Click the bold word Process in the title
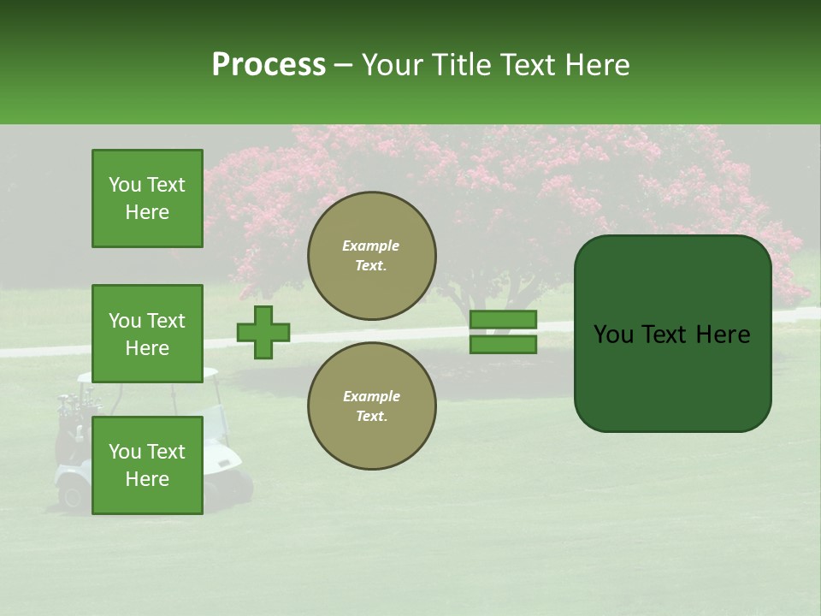click(x=269, y=65)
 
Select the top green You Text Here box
click(x=147, y=198)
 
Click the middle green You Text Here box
click(x=147, y=334)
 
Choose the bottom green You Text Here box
click(x=147, y=465)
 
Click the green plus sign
click(x=263, y=332)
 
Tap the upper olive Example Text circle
click(x=371, y=255)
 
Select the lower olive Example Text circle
click(x=371, y=406)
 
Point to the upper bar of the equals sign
click(x=503, y=320)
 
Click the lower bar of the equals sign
click(x=503, y=345)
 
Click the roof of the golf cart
click(x=145, y=375)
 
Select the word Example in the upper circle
click(x=370, y=246)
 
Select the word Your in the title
click(x=389, y=65)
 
